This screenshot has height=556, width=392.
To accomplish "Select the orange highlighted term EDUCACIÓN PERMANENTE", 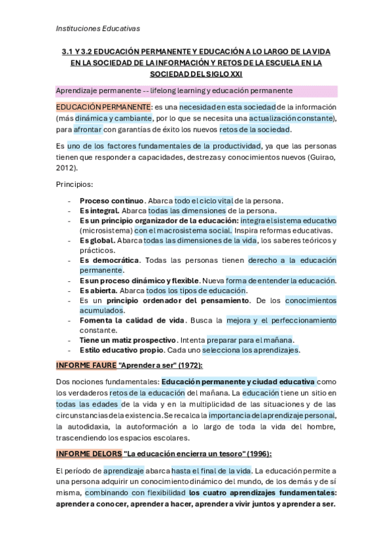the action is (103, 107).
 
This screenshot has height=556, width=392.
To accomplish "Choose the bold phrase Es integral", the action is (99, 210).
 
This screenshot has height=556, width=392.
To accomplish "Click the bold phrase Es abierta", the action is (99, 290).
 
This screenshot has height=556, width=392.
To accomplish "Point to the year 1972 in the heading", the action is (188, 365).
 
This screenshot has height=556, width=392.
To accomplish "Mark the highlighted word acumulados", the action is (101, 310).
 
